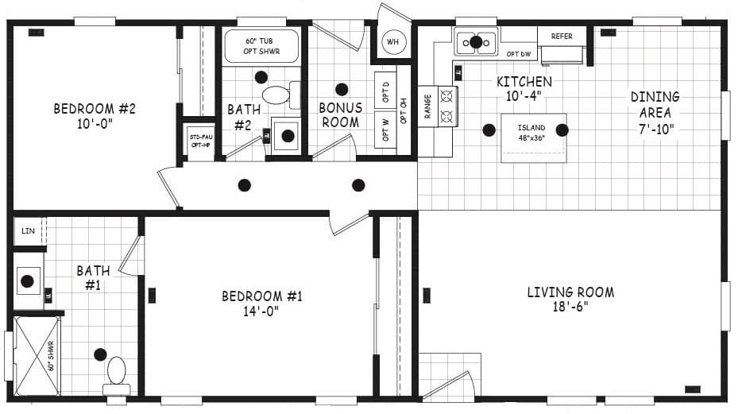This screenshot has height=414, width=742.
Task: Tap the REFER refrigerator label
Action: click(x=562, y=37)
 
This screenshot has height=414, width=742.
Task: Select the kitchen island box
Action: click(x=533, y=138)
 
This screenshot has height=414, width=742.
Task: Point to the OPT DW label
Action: click(x=518, y=54)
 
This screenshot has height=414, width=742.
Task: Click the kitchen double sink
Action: click(x=475, y=41)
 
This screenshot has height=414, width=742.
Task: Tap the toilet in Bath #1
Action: click(x=117, y=375)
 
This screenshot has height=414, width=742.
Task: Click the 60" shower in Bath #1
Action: click(x=37, y=355)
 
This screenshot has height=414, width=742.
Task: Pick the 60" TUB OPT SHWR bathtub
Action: click(x=261, y=45)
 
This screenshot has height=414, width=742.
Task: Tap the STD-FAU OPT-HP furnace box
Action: click(x=199, y=141)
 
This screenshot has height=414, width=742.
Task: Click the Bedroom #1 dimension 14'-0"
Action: click(x=261, y=311)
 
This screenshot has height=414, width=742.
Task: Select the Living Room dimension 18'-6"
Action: click(x=570, y=307)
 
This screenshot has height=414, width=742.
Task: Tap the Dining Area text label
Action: click(x=655, y=104)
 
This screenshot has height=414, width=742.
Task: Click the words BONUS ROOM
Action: click(x=340, y=114)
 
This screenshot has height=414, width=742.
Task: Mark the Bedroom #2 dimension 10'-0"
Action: click(x=95, y=124)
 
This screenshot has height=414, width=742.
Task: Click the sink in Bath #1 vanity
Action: click(x=29, y=281)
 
